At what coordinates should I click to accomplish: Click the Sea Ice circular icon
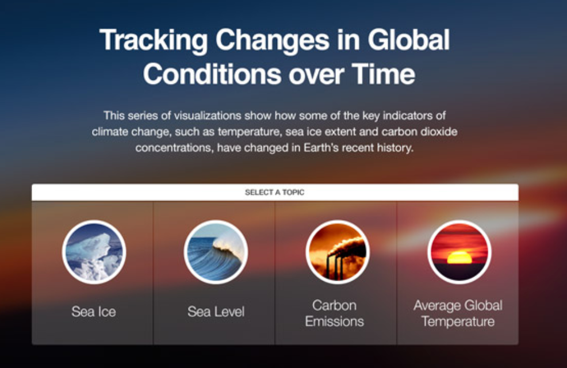(x=94, y=252)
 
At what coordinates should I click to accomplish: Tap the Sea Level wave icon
(x=216, y=252)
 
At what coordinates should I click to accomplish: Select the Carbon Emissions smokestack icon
(x=338, y=252)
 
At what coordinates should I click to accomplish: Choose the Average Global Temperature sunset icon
(x=459, y=252)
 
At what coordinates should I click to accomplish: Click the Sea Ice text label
(x=94, y=312)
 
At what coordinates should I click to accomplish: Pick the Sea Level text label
(x=216, y=312)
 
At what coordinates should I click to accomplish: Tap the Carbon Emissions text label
(x=334, y=313)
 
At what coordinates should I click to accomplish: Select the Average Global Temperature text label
(x=458, y=313)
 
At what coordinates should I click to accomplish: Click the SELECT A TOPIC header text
(x=275, y=192)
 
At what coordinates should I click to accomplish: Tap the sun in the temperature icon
(x=459, y=257)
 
